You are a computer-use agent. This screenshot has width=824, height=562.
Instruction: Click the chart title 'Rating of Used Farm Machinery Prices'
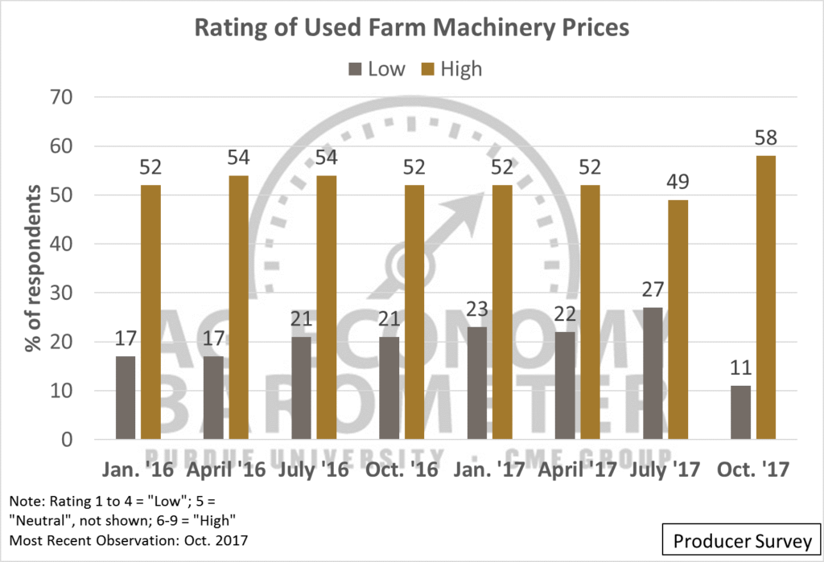pos(411,27)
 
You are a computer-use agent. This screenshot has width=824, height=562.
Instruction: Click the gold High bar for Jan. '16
pos(151,313)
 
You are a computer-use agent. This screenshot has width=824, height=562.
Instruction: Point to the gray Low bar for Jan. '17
pos(477,384)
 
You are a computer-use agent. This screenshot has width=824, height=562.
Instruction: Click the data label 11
pos(740,368)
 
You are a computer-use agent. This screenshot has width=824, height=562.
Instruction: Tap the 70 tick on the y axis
pos(62,97)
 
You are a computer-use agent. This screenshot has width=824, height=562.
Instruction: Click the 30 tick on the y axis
pos(62,293)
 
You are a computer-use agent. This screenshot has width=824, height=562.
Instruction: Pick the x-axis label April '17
pos(574,469)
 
